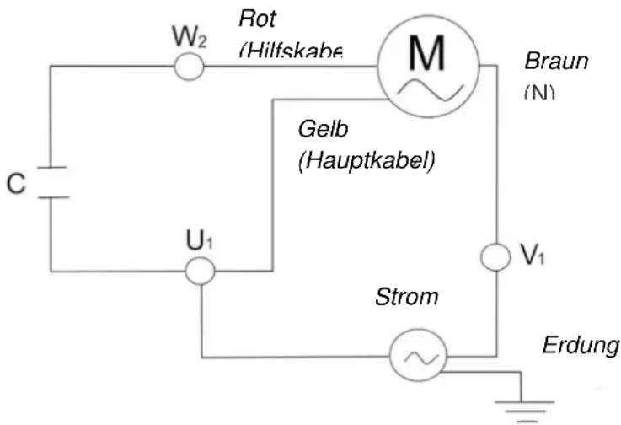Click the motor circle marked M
pyautogui.click(x=426, y=67)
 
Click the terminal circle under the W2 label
pyautogui.click(x=190, y=67)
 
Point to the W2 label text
pyautogui.click(x=190, y=37)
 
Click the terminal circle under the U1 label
pyautogui.click(x=201, y=272)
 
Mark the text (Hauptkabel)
pyautogui.click(x=366, y=160)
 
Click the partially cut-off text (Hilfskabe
pyautogui.click(x=290, y=51)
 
